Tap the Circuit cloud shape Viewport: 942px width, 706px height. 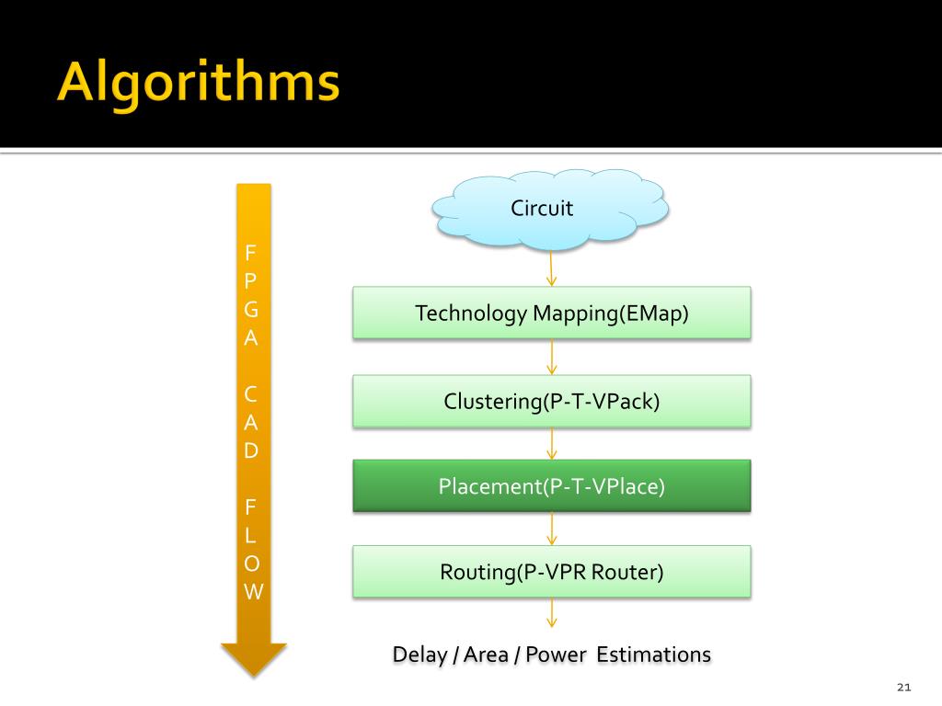coord(550,210)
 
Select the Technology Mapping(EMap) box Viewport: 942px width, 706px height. coord(552,313)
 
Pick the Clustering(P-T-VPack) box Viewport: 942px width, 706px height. coord(552,401)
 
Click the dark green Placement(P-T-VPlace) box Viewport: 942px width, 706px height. coord(552,485)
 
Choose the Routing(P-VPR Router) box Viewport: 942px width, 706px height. coord(552,572)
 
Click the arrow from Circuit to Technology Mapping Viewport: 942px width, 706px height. coord(551,268)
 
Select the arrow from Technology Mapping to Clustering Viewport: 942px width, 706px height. coord(551,357)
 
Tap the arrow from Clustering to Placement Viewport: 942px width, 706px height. coord(551,443)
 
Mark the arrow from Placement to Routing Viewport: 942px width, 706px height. coord(551,529)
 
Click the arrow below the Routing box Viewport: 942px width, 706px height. coord(551,613)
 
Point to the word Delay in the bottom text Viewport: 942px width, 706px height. coord(419,655)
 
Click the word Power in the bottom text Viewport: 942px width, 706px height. coord(557,655)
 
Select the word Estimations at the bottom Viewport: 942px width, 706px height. coord(654,655)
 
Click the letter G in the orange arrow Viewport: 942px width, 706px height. coord(251,310)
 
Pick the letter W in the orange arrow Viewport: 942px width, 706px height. coord(253,591)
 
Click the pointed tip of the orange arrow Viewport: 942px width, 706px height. coord(253,673)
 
